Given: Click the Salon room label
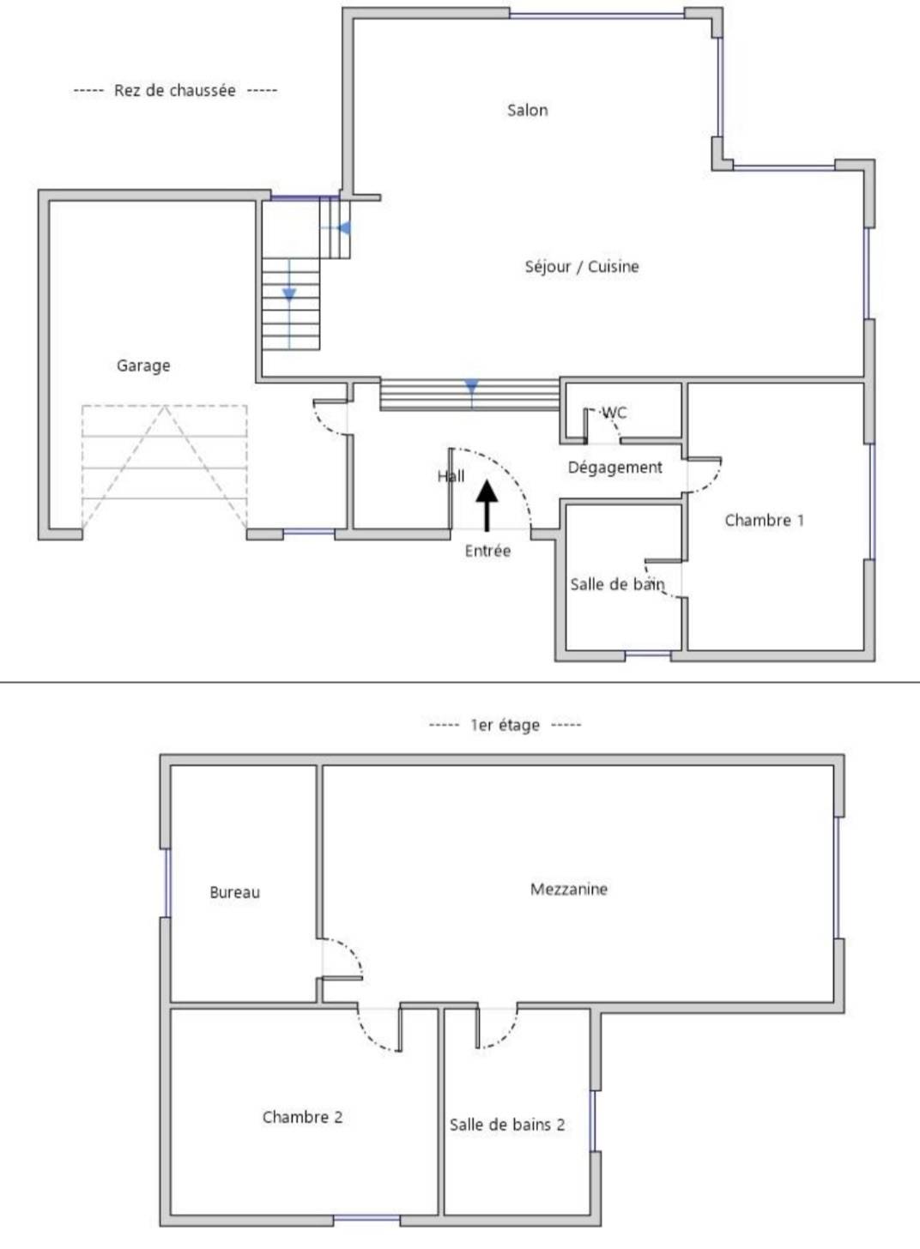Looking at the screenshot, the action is point(527,110).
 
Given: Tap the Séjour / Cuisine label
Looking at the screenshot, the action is point(582,267).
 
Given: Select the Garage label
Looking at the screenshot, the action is point(143,365).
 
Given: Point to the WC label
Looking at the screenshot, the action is point(614,413).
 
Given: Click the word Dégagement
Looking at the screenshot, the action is point(614,468).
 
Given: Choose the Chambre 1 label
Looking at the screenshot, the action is point(765,520).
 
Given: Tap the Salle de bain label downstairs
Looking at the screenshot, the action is point(617,584).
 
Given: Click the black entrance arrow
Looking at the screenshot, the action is point(487,505).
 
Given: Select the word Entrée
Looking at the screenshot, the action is point(487,551).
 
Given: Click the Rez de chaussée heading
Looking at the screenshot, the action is point(174,90).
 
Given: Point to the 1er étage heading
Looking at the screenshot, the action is point(505,725).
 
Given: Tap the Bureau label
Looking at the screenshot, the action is point(235,892).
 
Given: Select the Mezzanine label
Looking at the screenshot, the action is point(568,889).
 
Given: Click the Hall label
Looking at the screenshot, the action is point(451,476).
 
